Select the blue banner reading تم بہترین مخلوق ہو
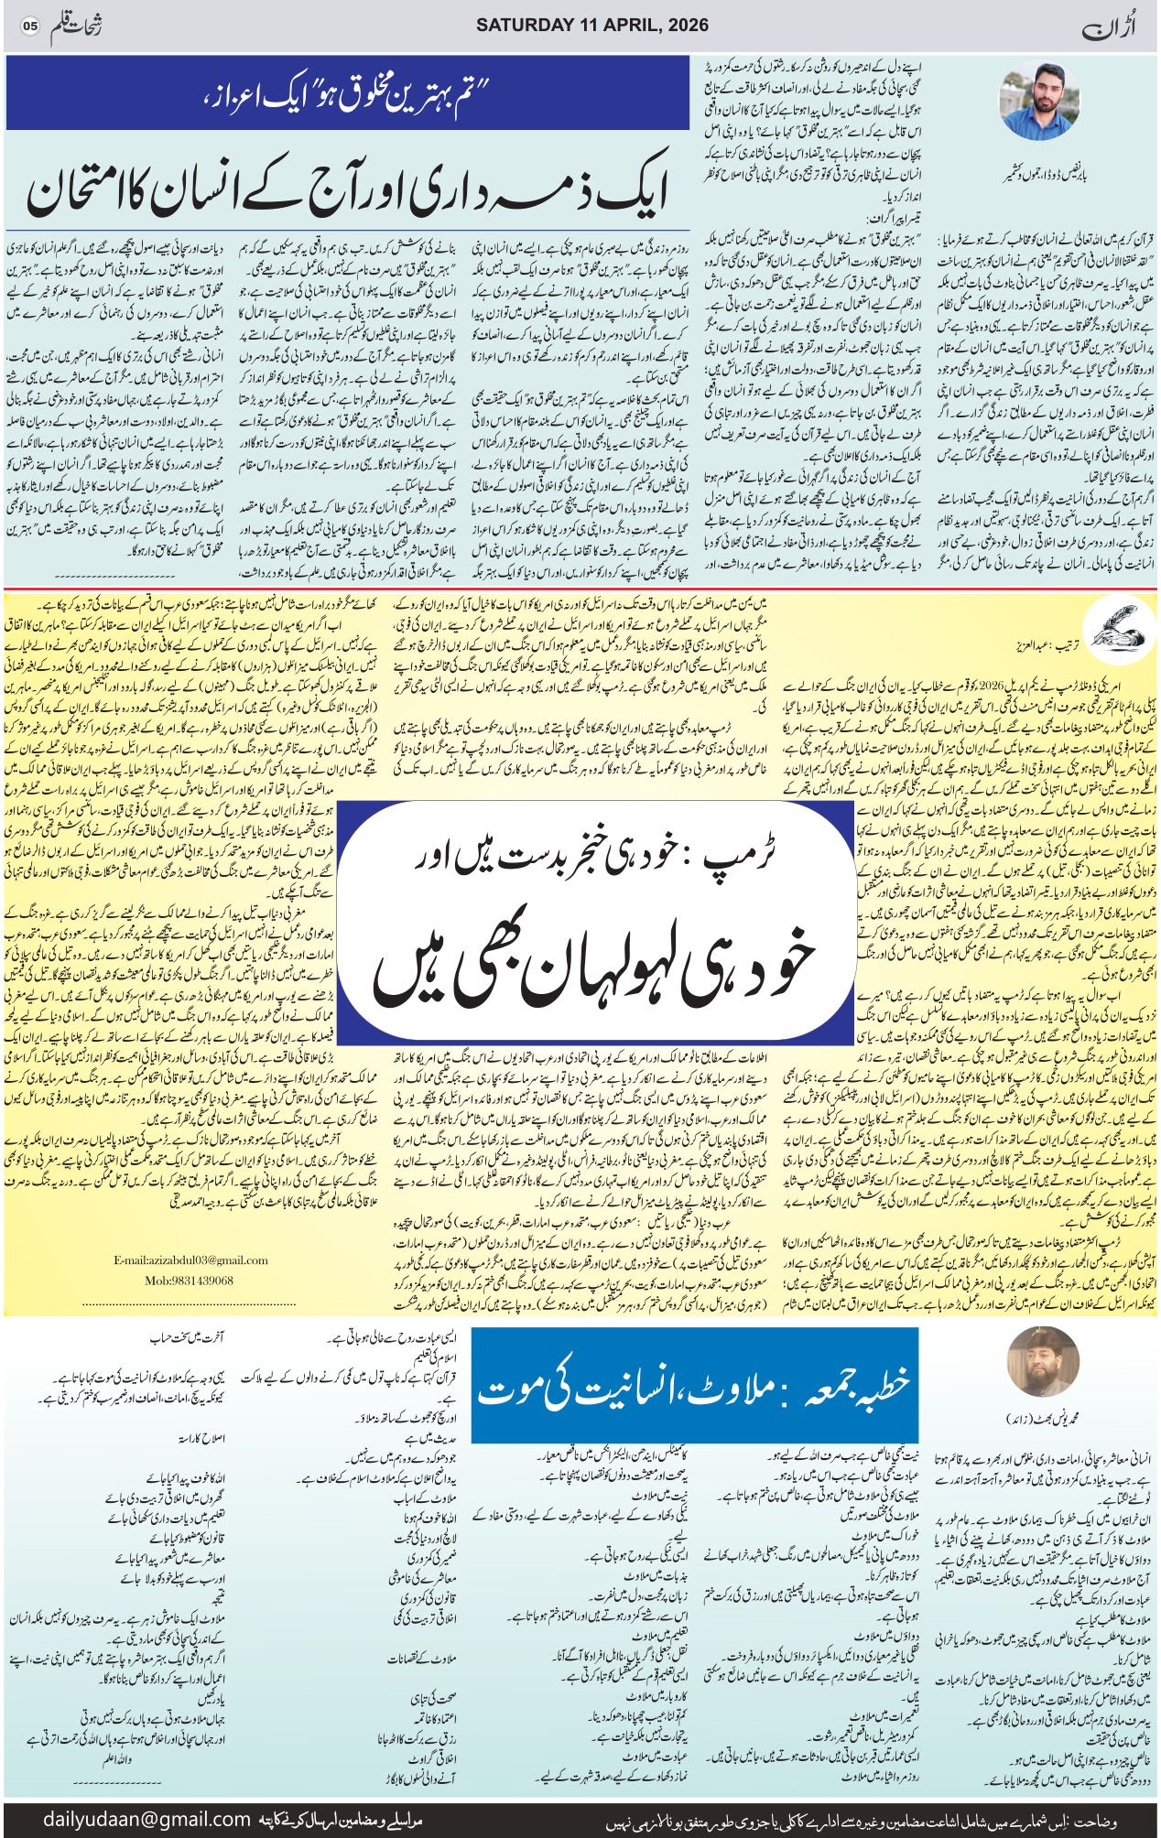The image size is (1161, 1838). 348,94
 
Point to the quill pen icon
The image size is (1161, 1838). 1107,626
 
